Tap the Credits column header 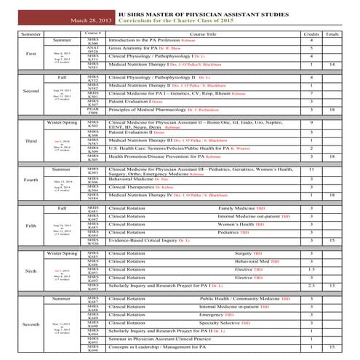pos(311,33)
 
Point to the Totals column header pos(332,33)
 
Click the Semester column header pos(31,33)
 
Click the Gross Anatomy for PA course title pos(144,47)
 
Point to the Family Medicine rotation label pos(237,208)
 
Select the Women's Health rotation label pos(237,224)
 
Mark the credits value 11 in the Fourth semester pos(311,169)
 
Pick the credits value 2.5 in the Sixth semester pos(311,286)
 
